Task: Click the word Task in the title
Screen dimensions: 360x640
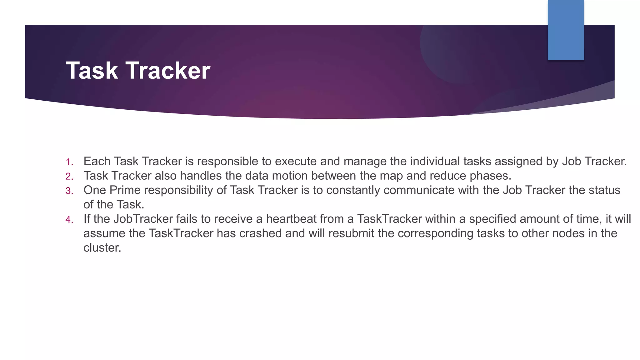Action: coord(92,71)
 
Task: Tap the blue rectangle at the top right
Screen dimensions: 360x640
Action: coord(566,30)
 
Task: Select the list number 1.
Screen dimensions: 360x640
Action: coord(69,162)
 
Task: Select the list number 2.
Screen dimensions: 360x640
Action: coord(69,177)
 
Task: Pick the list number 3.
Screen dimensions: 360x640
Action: coord(69,191)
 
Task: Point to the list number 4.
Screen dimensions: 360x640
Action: coord(69,220)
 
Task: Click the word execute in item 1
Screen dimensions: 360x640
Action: coord(296,162)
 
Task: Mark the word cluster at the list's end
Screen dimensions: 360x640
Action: coord(102,248)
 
